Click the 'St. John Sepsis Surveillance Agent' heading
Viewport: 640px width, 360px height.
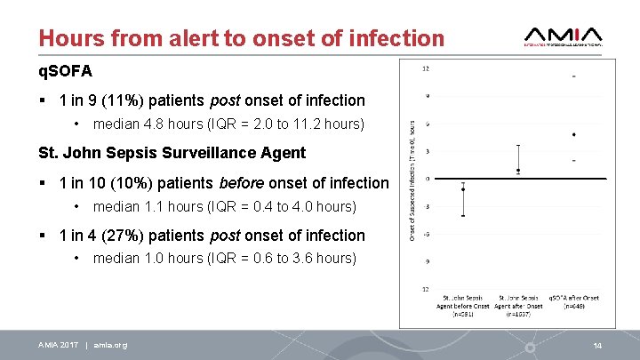point(172,152)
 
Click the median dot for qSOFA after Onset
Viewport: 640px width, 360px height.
point(573,135)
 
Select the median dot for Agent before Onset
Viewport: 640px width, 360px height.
point(463,188)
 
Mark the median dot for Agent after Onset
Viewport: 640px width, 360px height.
point(518,170)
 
